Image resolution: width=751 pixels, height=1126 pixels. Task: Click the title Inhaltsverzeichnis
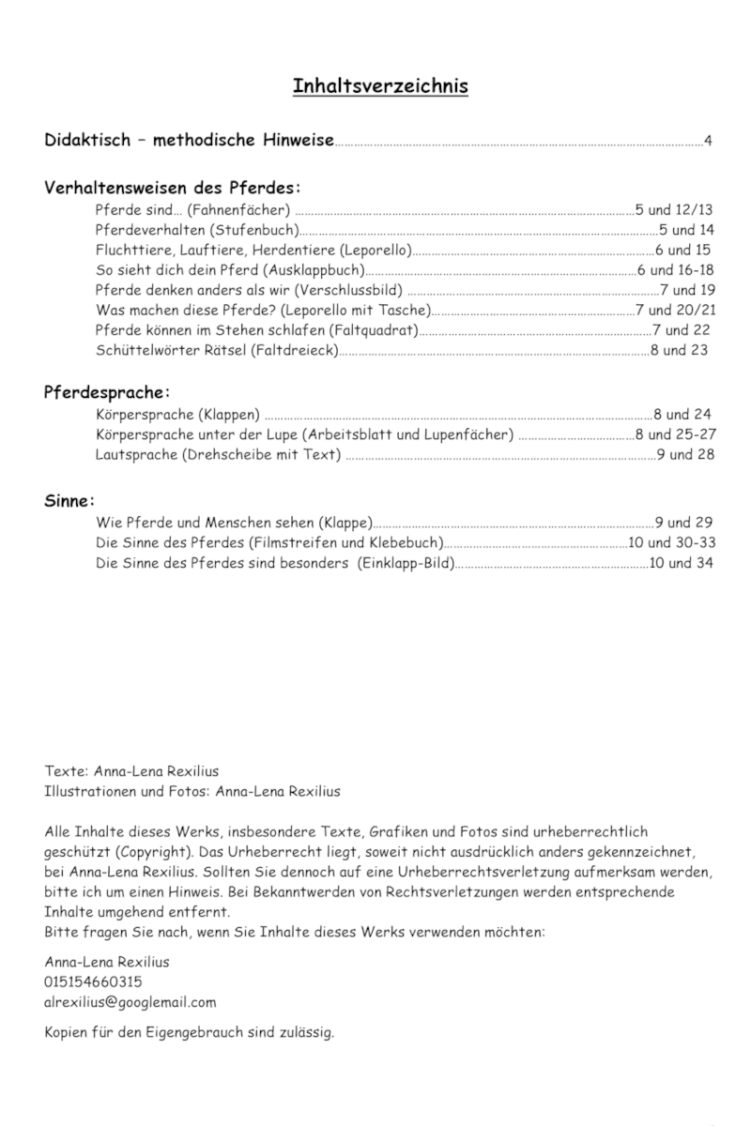pos(380,86)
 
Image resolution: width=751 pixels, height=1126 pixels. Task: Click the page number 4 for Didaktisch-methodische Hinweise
pos(709,142)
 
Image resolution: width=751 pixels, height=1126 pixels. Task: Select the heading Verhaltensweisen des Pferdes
pos(173,187)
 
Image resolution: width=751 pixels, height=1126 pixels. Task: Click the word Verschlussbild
pos(356,290)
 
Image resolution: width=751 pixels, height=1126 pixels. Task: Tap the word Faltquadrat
pos(373,330)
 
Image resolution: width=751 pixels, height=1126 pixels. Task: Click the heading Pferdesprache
pos(107,390)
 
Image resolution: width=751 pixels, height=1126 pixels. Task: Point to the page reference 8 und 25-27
pos(676,434)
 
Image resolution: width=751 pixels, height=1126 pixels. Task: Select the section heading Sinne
pos(70,499)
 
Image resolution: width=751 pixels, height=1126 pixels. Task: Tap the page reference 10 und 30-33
pos(672,542)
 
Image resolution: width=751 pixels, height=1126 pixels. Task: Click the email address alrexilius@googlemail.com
pos(130,1001)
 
